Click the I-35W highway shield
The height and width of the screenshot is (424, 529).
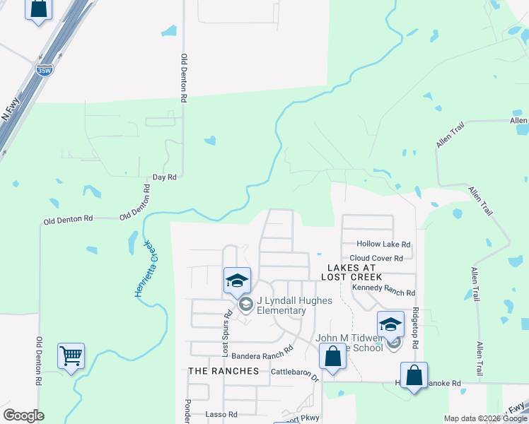click(44, 70)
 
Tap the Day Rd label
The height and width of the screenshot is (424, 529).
click(164, 177)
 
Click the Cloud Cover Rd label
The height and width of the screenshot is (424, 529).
click(376, 259)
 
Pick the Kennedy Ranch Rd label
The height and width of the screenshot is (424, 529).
click(383, 293)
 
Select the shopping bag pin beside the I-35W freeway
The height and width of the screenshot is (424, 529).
click(38, 9)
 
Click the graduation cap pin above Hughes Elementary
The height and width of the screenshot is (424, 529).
click(238, 281)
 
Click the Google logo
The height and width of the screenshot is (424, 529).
click(23, 416)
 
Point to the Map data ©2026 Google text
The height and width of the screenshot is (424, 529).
click(484, 418)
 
